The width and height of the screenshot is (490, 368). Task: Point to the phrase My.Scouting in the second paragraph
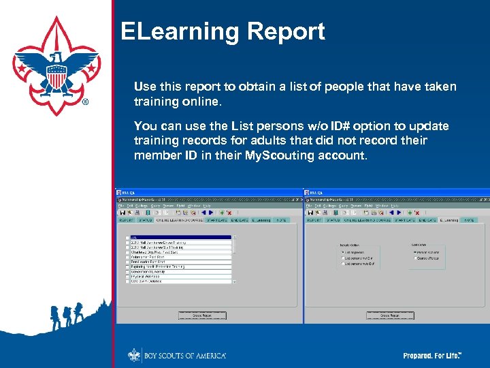280,155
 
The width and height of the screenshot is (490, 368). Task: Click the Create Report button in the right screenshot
389,316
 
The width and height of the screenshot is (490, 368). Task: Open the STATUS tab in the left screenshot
146,220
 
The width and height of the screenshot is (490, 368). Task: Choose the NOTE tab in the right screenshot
469,220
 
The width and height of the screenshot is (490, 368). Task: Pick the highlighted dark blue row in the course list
181,237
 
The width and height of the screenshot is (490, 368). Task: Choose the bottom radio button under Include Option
342,263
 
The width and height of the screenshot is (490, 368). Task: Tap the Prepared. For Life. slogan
432,356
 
